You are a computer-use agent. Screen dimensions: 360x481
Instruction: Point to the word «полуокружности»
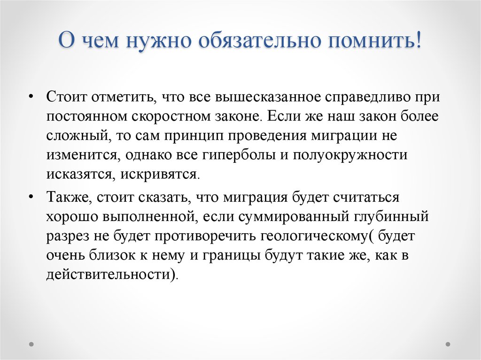click(x=350, y=156)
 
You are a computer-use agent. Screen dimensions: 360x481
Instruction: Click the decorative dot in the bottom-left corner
click(x=32, y=343)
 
